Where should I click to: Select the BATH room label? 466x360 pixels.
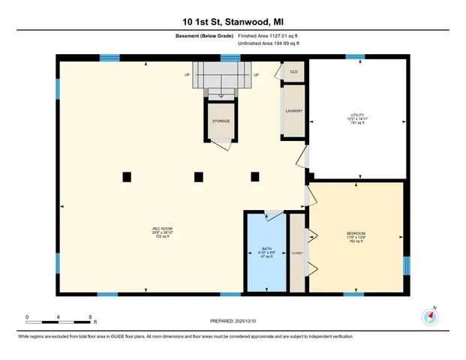pyautogui.click(x=266, y=252)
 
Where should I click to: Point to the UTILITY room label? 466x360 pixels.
pyautogui.click(x=357, y=118)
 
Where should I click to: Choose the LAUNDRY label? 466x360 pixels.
pyautogui.click(x=293, y=111)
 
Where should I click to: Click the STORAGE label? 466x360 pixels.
pyautogui.click(x=221, y=121)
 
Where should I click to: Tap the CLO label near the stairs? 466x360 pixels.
pyautogui.click(x=294, y=72)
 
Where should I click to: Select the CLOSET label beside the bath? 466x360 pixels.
pyautogui.click(x=297, y=253)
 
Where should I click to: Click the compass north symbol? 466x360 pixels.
pyautogui.click(x=430, y=316)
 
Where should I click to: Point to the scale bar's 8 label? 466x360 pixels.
pyautogui.click(x=90, y=317)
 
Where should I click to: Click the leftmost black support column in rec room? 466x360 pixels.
pyautogui.click(x=127, y=176)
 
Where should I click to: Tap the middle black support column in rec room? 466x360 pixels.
pyautogui.click(x=199, y=177)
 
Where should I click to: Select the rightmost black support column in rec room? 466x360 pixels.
pyautogui.click(x=255, y=176)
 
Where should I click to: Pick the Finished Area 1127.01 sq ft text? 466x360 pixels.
pyautogui.click(x=268, y=35)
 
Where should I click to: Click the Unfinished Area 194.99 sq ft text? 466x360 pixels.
pyautogui.click(x=268, y=44)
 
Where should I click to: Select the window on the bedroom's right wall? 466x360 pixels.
pyautogui.click(x=407, y=266)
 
